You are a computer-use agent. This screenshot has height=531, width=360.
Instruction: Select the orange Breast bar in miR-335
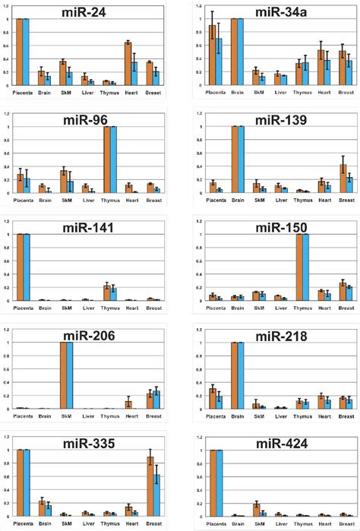pos(150,487)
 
